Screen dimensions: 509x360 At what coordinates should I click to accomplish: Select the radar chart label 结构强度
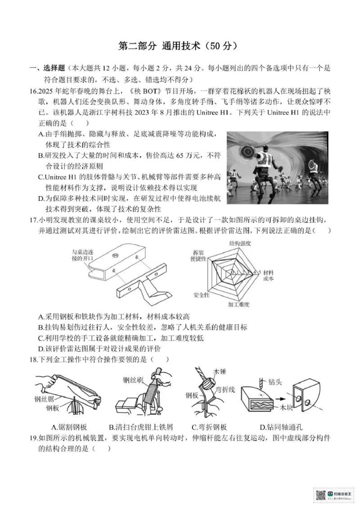click(240, 244)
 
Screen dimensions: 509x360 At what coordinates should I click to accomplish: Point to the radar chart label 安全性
click(201, 295)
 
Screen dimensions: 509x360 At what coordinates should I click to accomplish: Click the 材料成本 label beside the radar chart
click(269, 276)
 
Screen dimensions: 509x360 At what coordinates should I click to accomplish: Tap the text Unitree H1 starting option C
click(62, 177)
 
